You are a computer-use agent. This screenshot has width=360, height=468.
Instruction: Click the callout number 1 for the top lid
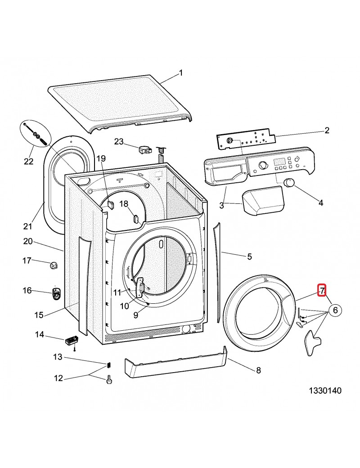coord(181,72)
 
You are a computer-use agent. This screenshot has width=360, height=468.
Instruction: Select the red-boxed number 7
coord(322,291)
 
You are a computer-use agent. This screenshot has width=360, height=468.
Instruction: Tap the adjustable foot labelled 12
coord(108,380)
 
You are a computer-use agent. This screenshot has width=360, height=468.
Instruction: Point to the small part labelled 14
coord(72,341)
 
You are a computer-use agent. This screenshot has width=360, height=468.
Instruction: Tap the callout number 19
coord(100,158)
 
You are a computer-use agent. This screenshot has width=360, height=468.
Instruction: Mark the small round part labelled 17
coord(54,265)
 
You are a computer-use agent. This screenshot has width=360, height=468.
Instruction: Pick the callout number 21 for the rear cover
coord(28,226)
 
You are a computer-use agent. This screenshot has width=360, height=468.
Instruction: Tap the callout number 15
coord(39,315)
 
